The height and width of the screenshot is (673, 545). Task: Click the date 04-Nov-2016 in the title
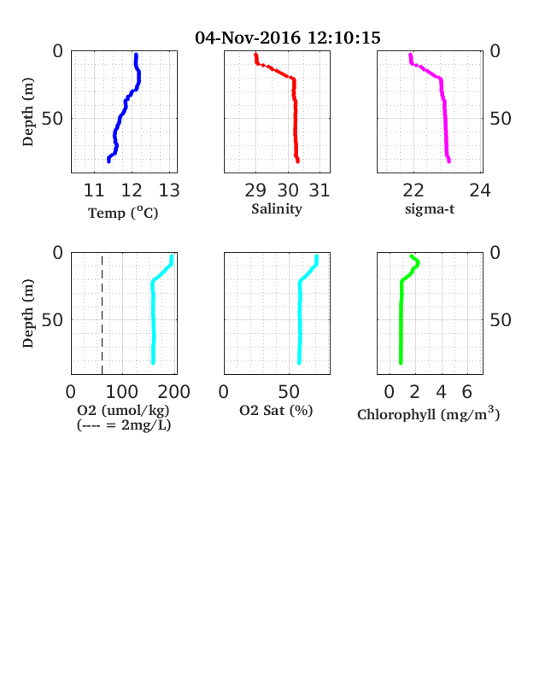point(248,38)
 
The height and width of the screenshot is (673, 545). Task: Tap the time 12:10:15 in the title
point(344,38)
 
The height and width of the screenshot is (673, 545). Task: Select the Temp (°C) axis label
point(123,213)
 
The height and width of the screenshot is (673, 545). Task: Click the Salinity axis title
point(277,209)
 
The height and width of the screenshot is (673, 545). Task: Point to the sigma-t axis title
point(430,209)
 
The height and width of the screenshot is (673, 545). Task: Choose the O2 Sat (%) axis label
point(276,410)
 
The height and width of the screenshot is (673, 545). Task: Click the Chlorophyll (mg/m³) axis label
point(429,413)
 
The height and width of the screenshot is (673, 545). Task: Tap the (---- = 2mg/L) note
point(124,425)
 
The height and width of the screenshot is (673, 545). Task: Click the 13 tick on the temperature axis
point(169,190)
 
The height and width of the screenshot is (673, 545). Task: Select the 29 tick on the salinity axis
point(255,190)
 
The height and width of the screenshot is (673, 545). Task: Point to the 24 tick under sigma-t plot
point(480,190)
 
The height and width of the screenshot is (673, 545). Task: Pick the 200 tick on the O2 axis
point(173,392)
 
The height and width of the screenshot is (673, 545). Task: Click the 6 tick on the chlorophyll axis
point(467,392)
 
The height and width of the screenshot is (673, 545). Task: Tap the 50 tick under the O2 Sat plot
point(289,392)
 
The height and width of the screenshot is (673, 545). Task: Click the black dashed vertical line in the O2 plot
point(103,315)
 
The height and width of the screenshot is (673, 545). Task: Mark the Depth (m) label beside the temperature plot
point(28,112)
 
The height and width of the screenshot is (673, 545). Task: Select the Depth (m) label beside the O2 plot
point(28,313)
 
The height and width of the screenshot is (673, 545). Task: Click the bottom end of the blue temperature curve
point(108,161)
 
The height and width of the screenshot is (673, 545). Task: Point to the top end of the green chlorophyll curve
point(412,256)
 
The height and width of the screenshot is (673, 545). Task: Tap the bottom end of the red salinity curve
point(297,161)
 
